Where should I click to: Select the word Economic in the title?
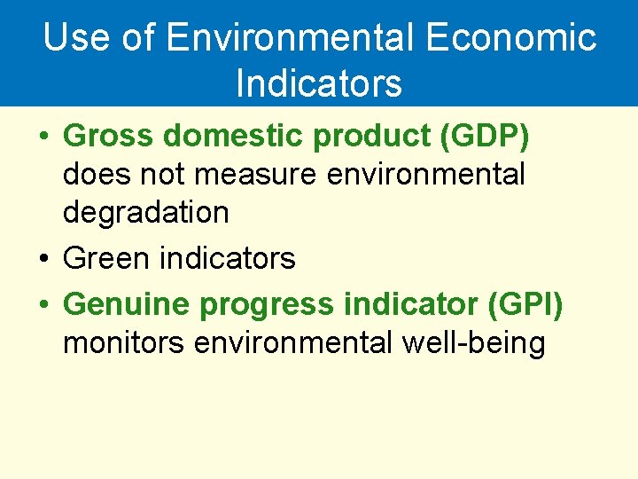(511, 38)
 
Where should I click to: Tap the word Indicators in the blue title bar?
(319, 83)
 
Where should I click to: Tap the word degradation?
(145, 213)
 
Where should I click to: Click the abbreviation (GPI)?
(525, 304)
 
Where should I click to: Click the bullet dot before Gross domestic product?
(43, 138)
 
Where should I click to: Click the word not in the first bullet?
(166, 175)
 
